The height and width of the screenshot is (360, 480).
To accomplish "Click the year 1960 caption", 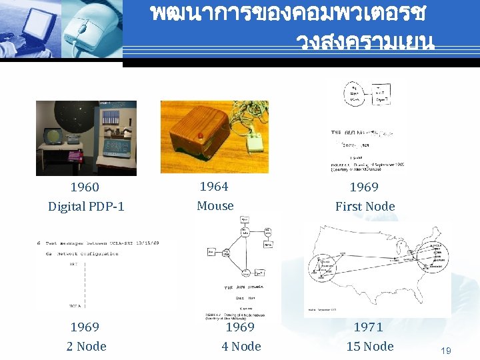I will click(85, 187).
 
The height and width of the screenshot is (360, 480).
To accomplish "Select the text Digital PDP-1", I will click(86, 207).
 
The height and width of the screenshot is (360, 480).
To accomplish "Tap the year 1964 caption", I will click(214, 187).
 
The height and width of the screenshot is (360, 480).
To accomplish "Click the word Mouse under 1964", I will click(215, 206).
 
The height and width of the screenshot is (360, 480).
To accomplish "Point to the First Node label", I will click(365, 207).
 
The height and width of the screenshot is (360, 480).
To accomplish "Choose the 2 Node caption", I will click(86, 346).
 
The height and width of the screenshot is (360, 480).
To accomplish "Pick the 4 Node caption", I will click(241, 346).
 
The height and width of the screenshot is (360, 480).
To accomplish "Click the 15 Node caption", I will click(370, 346).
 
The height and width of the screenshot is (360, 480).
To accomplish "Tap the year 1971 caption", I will click(368, 327).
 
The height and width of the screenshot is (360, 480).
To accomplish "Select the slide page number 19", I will click(447, 350).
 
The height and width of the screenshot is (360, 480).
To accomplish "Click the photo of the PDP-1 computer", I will click(86, 138).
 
